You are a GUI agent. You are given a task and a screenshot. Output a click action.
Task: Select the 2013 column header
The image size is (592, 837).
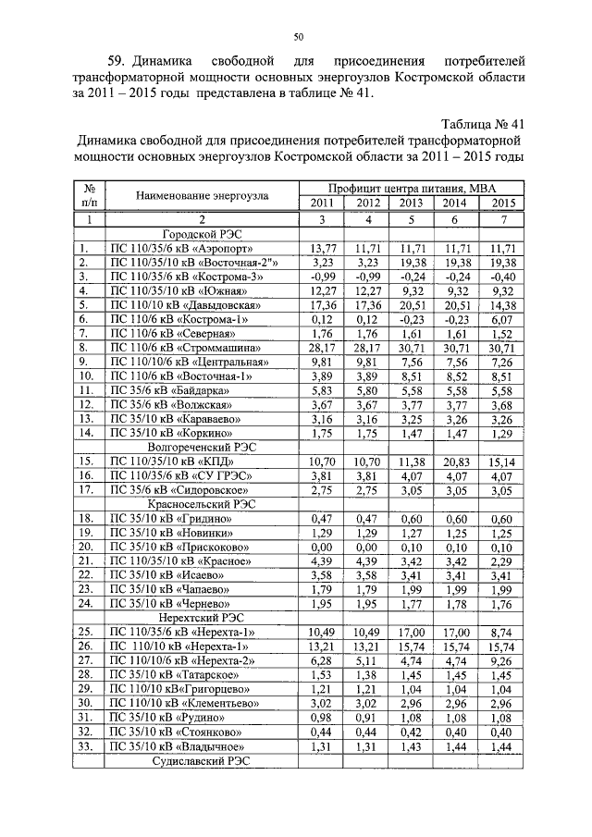(x=410, y=203)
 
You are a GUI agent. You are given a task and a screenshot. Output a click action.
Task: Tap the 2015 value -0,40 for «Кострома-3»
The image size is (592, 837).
(x=502, y=276)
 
